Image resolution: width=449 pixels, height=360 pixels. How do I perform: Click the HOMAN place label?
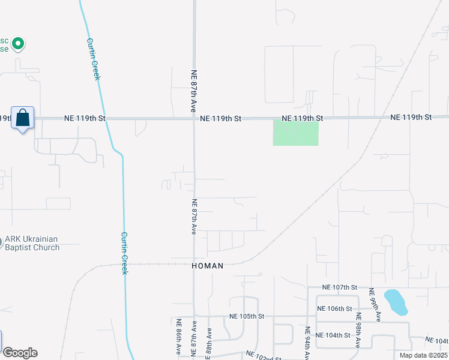click(207, 265)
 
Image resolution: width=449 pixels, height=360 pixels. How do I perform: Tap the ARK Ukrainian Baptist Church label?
click(32, 244)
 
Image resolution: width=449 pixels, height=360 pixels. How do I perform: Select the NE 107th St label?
click(339, 288)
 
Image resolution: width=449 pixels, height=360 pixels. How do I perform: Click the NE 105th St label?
click(247, 316)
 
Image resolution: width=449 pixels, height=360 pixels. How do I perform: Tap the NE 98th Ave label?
click(358, 329)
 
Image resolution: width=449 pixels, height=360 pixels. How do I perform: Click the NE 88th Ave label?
click(209, 343)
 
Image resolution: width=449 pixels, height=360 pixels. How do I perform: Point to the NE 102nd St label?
click(264, 356)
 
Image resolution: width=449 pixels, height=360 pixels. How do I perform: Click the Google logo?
click(20, 353)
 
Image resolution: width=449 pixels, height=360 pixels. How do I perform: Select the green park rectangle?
click(295, 133)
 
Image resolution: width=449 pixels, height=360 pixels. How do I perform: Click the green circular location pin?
click(18, 43)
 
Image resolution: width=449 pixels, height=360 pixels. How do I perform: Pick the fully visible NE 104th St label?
click(333, 335)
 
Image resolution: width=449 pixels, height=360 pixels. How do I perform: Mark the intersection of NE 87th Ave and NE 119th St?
click(194, 118)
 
